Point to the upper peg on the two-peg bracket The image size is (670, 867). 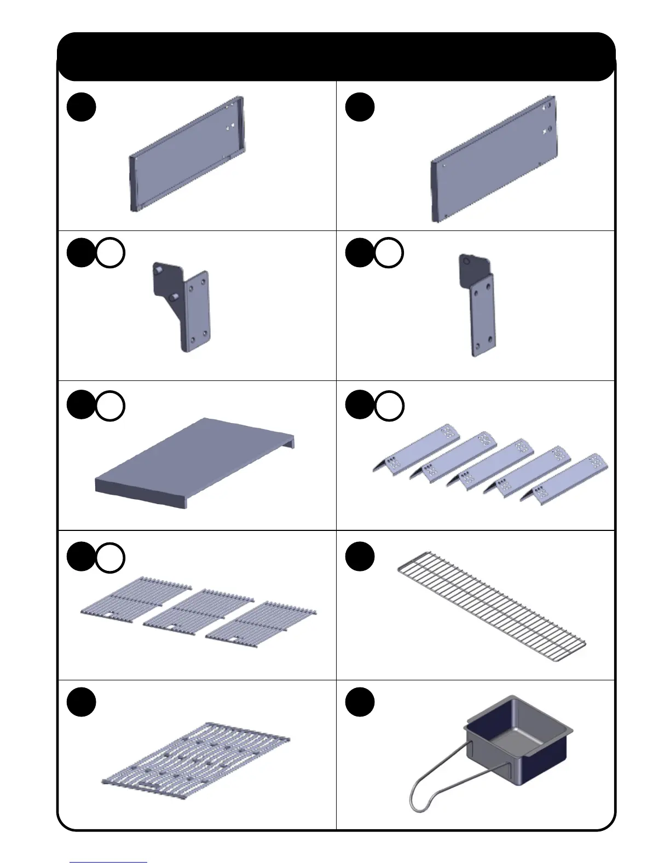[x=158, y=270]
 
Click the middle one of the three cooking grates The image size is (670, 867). [x=198, y=610]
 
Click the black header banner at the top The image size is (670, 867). [x=336, y=56]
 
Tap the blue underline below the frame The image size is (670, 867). [x=108, y=862]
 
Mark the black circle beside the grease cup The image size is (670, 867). [x=360, y=702]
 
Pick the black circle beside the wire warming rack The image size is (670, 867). [x=360, y=557]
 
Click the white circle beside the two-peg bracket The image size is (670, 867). [x=110, y=253]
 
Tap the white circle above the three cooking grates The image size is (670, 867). [x=110, y=557]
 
